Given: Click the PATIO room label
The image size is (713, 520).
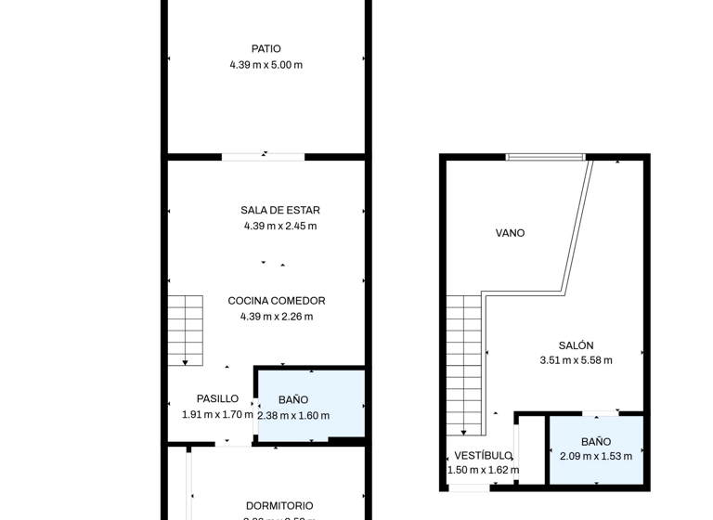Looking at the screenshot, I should [x=266, y=49].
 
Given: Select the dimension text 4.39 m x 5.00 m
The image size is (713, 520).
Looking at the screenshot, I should [x=266, y=65].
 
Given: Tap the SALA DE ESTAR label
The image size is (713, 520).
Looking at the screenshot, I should [x=279, y=211].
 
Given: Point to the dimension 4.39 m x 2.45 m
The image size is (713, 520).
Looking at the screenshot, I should [x=279, y=226].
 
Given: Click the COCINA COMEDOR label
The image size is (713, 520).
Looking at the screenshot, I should [x=277, y=301].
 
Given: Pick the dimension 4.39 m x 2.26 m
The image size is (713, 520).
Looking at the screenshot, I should [x=277, y=316].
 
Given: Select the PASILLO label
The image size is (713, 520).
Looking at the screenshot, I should [x=217, y=399].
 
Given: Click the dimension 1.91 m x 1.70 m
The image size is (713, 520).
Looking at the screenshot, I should [x=217, y=415].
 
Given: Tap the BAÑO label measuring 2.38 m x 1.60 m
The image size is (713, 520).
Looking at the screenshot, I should [x=293, y=400].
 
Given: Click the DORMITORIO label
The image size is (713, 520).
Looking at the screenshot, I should [x=279, y=506].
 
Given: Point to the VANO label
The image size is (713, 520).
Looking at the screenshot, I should [x=510, y=233].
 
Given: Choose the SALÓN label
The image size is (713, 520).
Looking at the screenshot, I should [x=576, y=345].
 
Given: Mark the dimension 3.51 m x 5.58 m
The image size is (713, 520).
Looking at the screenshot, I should [x=576, y=360].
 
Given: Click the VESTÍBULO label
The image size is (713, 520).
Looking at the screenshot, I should [x=483, y=456].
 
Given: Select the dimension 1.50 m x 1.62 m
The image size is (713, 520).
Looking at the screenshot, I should [x=483, y=470].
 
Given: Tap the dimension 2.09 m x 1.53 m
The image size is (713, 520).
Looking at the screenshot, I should [x=596, y=456].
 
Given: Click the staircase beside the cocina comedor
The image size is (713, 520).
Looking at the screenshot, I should [x=185, y=330].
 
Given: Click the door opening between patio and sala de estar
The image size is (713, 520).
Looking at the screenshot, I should [x=265, y=155].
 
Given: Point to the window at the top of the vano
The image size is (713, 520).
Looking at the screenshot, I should [x=546, y=157].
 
